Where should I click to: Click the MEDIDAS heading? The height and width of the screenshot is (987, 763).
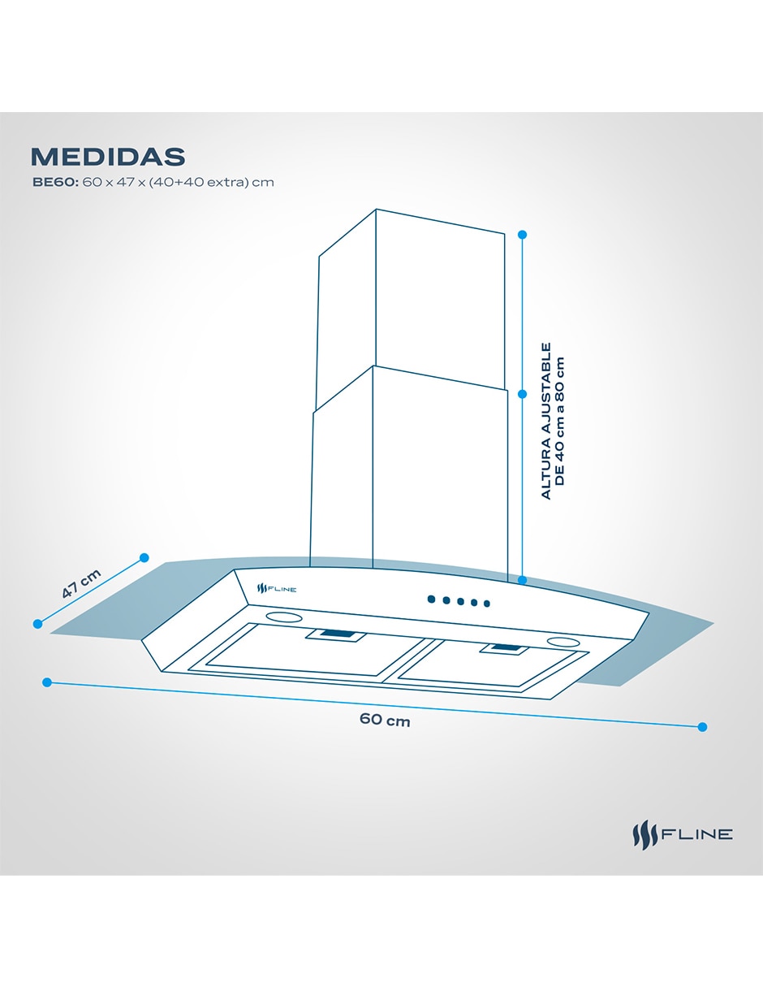[x=108, y=156]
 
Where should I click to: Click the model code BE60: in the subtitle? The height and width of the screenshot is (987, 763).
[x=55, y=182]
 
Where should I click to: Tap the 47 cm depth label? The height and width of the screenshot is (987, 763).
[x=81, y=583]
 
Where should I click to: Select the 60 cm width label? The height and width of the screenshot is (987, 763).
[x=385, y=720]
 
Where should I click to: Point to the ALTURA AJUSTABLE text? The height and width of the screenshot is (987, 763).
[x=546, y=421]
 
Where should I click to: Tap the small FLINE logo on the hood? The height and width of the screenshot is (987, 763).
[x=276, y=589]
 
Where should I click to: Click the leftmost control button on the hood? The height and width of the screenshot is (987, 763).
[x=432, y=600]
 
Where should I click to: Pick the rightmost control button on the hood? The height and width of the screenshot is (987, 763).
[x=487, y=604]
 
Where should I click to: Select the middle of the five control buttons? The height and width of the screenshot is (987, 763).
[x=460, y=602]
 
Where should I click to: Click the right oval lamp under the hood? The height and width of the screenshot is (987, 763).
[x=563, y=642]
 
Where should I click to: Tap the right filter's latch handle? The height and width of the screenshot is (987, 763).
[x=511, y=648]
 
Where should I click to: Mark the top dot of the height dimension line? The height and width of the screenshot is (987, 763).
[x=522, y=235]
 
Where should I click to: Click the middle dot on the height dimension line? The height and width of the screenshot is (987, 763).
[x=522, y=394]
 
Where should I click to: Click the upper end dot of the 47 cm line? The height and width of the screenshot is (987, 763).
[x=144, y=558]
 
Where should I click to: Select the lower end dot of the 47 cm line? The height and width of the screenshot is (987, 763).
[x=37, y=624]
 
